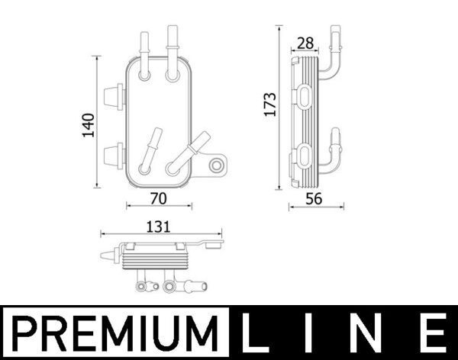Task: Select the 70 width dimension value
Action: coord(158,199)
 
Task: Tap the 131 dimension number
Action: coord(158,226)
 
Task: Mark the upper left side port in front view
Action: coord(112,95)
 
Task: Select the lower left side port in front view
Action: coord(112,154)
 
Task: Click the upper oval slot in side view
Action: coord(305,97)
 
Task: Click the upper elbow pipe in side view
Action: coord(331,57)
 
